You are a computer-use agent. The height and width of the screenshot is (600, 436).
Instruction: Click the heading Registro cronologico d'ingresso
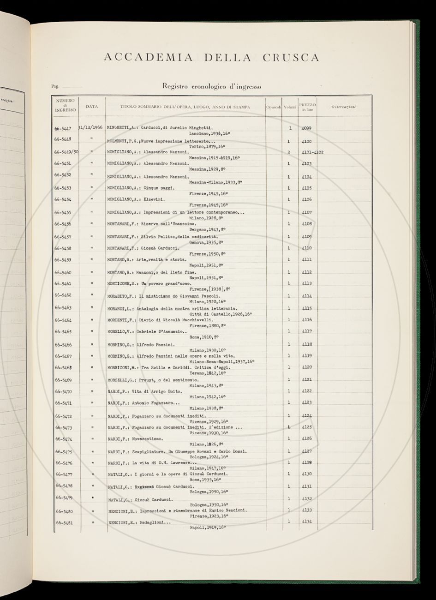click(x=212, y=86)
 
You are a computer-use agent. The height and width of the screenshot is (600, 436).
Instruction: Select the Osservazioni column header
click(x=346, y=107)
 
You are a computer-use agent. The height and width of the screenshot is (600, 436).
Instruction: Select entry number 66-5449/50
click(x=66, y=152)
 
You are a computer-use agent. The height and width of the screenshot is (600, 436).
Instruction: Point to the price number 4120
click(x=306, y=367)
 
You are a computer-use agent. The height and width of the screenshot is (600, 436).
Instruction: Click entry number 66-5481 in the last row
click(x=64, y=523)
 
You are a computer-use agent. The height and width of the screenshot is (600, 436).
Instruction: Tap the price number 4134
click(x=306, y=522)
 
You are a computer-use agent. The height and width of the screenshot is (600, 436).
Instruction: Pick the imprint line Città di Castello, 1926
click(x=221, y=314)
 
